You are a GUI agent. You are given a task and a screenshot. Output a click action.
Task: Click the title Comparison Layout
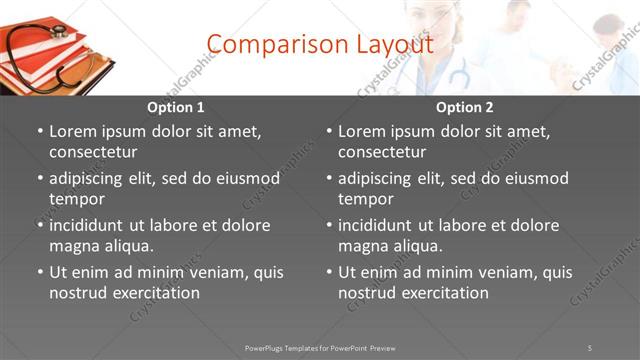[x=320, y=45]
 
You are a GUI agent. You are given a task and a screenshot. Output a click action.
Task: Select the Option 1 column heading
[x=175, y=107]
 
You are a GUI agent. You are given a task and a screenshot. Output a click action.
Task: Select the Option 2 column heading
[x=464, y=107]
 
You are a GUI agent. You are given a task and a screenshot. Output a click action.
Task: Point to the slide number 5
[x=590, y=348]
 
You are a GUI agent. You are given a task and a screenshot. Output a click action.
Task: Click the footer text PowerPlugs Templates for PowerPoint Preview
[x=320, y=348]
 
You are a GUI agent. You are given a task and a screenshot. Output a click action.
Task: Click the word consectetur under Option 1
[x=93, y=152]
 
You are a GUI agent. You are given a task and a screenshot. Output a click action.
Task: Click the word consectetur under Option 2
[x=382, y=152]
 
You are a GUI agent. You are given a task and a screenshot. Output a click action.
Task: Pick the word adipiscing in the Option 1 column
[x=88, y=178]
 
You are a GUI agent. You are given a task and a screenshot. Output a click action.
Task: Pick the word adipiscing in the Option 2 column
[x=377, y=178]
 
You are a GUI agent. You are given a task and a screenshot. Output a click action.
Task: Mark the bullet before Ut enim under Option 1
[x=40, y=272]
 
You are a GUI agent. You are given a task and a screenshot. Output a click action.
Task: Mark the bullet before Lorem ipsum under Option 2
[x=329, y=131]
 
